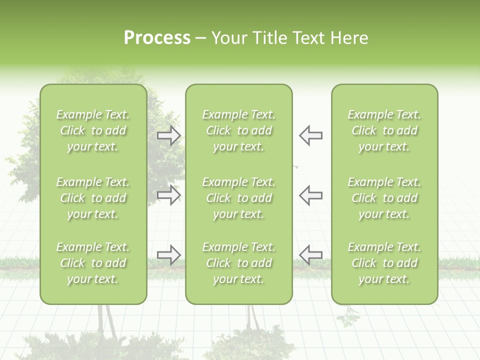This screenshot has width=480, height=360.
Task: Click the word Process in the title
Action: (157, 38)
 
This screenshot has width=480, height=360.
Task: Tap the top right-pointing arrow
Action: (169, 135)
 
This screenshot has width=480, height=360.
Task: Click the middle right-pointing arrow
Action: (169, 195)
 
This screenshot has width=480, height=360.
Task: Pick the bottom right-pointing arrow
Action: (169, 255)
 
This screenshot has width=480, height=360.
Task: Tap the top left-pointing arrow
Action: (310, 135)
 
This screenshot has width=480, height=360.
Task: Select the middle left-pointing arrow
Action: (310, 195)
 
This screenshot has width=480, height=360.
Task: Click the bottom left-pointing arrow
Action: (310, 255)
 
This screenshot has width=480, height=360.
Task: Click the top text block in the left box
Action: (93, 130)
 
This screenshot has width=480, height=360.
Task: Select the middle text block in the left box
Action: (93, 198)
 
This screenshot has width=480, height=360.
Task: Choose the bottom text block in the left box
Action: (93, 263)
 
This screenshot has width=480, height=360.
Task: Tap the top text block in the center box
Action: (239, 130)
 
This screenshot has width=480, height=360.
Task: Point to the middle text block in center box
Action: (239, 198)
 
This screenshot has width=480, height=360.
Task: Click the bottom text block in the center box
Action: (239, 263)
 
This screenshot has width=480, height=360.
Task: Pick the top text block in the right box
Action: (384, 130)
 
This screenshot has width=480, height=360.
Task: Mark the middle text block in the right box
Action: (384, 198)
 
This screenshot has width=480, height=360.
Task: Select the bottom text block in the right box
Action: (384, 263)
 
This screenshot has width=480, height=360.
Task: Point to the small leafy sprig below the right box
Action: (348, 317)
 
